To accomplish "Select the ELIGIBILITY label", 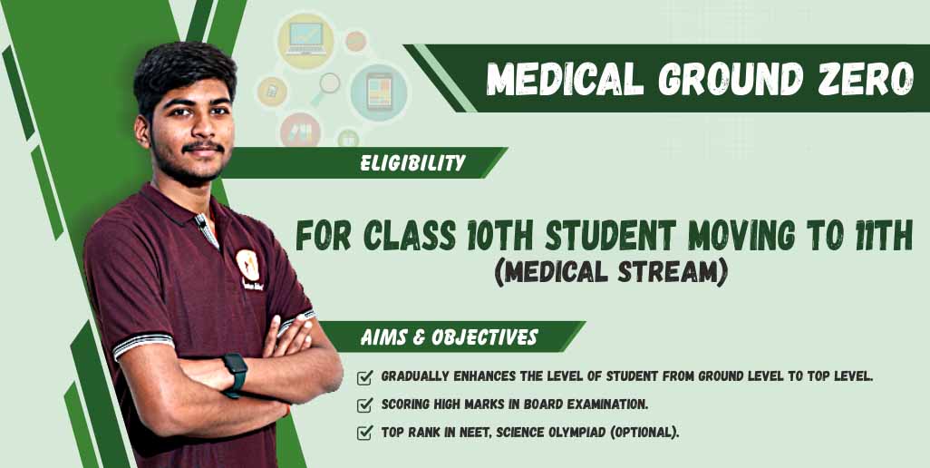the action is tap(412, 163).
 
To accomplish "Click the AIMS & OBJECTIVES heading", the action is tap(449, 337).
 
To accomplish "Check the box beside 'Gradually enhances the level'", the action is tap(364, 377).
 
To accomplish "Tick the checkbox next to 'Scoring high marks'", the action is tap(364, 405).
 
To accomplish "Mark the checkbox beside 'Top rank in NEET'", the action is tap(364, 433).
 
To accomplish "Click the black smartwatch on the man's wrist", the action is tap(236, 375).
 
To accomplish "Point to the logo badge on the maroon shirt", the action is tap(248, 265).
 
